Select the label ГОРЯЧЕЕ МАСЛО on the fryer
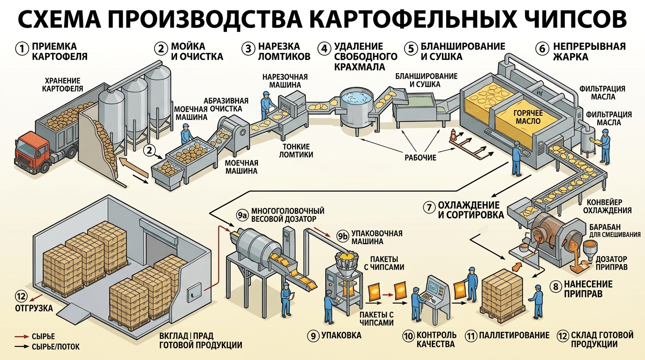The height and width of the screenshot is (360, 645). click(x=528, y=117)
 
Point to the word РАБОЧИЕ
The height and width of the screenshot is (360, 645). click(x=420, y=157)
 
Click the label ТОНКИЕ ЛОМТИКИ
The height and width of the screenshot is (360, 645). click(x=296, y=150)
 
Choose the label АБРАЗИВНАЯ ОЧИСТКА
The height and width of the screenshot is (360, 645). click(x=226, y=105)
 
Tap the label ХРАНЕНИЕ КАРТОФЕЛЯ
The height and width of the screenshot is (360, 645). click(x=62, y=85)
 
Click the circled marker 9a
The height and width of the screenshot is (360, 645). click(x=242, y=215)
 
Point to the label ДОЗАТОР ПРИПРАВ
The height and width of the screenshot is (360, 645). click(x=611, y=263)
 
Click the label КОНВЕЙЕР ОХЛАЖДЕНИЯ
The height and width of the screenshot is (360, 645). click(x=607, y=206)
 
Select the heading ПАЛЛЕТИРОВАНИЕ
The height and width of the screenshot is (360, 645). click(x=514, y=336)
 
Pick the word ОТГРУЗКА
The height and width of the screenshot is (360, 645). click(x=34, y=308)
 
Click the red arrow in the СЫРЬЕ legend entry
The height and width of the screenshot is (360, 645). click(x=22, y=337)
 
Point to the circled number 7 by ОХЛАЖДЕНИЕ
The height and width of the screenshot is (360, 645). click(x=429, y=207)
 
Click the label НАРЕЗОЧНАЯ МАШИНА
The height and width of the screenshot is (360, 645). click(x=285, y=81)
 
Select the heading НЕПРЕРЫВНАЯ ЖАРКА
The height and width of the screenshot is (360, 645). click(x=589, y=52)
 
